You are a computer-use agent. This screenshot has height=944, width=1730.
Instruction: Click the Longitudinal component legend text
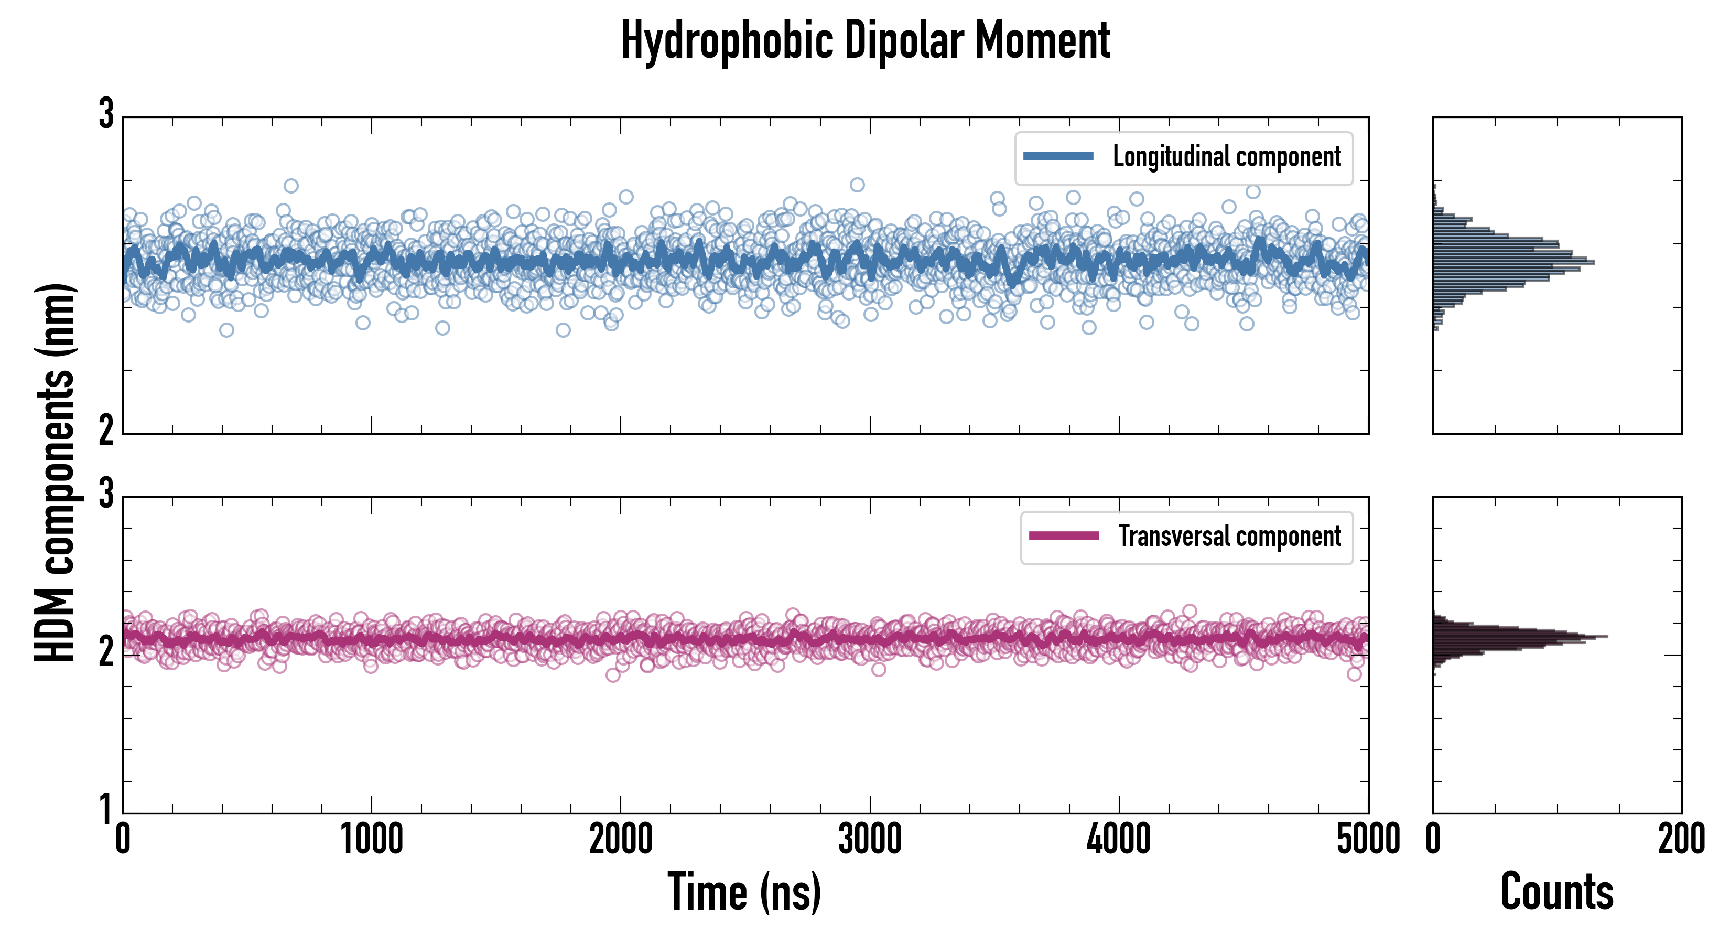[x=1226, y=157]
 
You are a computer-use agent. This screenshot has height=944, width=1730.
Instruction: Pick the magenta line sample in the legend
[x=1064, y=536]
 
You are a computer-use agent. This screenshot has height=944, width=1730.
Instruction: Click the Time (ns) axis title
[x=744, y=892]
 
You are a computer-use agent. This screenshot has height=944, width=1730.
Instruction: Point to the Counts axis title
[x=1556, y=892]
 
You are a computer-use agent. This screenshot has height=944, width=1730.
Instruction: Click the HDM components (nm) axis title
[x=55, y=473]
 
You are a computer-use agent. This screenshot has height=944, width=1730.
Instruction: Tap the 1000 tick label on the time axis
[x=371, y=839]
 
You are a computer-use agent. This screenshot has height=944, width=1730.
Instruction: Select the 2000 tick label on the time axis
[x=621, y=839]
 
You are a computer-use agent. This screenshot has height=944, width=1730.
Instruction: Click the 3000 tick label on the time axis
[x=870, y=839]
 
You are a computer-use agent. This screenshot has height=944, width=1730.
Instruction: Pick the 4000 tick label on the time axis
[x=1119, y=839]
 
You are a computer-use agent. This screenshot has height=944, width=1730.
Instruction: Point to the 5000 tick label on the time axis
[x=1368, y=839]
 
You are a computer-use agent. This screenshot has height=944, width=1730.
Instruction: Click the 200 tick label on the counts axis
[x=1681, y=839]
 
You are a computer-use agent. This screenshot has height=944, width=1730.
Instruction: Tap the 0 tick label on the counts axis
[x=1433, y=839]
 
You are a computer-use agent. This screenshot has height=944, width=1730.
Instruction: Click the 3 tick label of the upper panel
[x=106, y=114]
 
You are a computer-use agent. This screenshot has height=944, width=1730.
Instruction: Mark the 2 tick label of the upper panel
[x=106, y=430]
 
